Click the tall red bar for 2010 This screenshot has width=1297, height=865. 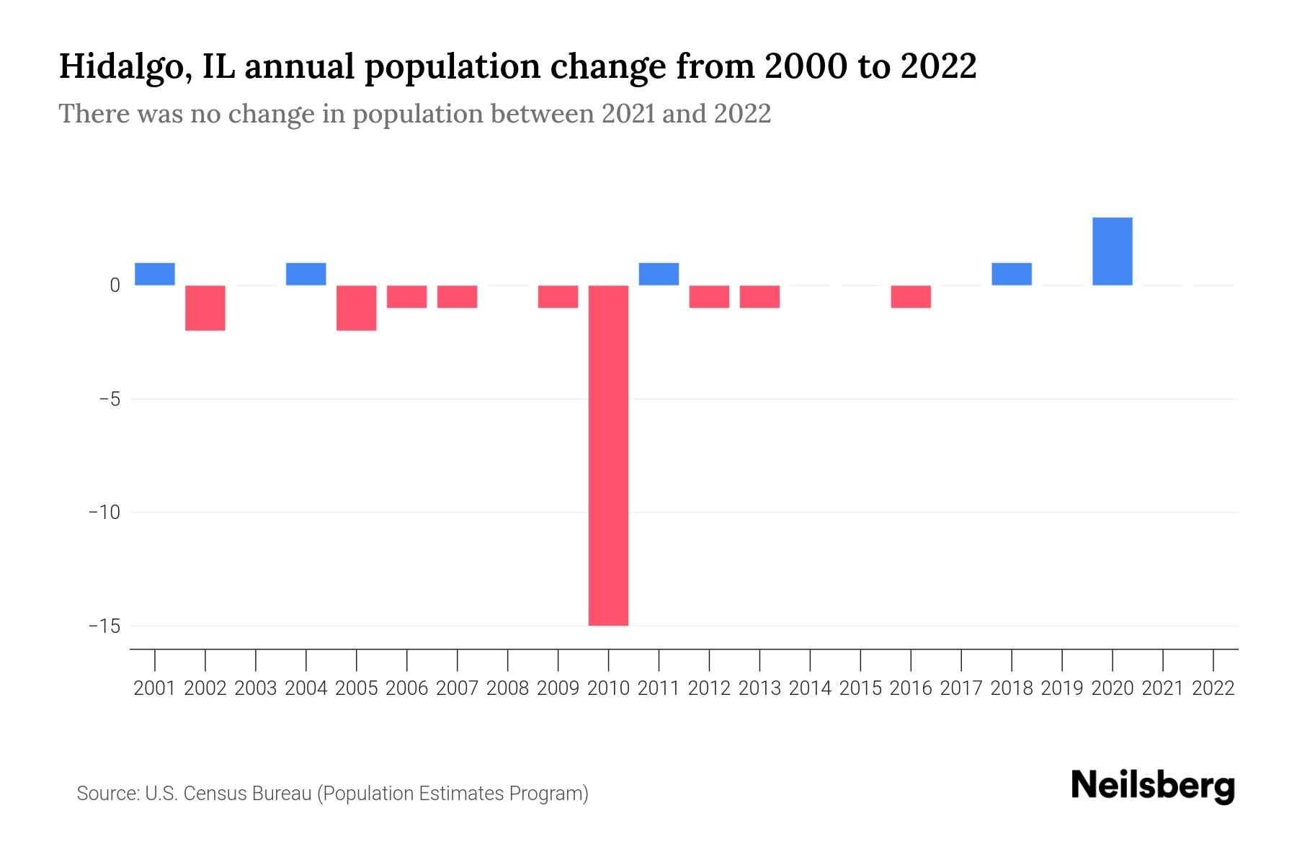point(608,455)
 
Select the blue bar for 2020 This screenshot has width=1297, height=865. point(1112,251)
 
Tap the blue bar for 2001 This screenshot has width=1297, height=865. point(155,274)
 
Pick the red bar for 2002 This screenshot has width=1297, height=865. point(205,308)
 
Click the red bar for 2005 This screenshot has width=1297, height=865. point(357,308)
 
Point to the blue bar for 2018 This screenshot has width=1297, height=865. point(1012,274)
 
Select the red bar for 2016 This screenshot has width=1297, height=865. point(911,296)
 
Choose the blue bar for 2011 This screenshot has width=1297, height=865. point(659,274)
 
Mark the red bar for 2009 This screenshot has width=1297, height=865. point(558,296)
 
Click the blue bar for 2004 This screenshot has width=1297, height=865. point(306,274)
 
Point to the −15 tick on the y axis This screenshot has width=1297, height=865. point(104,626)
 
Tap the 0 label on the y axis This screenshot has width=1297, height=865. point(115,285)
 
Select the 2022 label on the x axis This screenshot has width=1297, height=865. point(1213,688)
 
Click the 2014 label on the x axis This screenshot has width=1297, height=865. point(810,688)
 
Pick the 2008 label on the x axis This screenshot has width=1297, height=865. point(508,688)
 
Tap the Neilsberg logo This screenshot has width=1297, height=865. point(1153,786)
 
